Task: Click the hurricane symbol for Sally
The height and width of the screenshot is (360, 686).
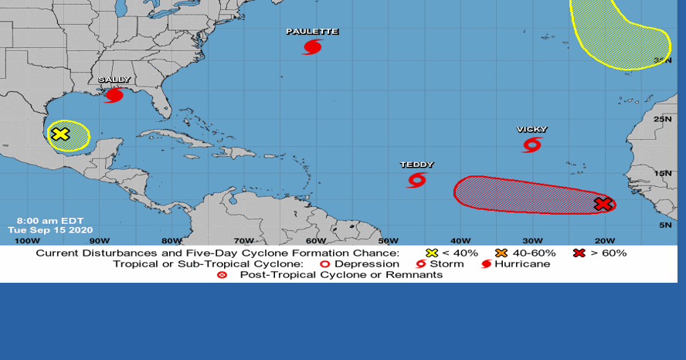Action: pyautogui.click(x=114, y=95)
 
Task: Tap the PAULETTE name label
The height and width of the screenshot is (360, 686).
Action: pyautogui.click(x=312, y=32)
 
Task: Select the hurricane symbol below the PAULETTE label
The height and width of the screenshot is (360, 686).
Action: pyautogui.click(x=312, y=47)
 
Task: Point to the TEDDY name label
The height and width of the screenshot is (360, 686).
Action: pyautogui.click(x=416, y=165)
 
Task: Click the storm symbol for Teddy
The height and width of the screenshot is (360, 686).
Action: pyautogui.click(x=416, y=181)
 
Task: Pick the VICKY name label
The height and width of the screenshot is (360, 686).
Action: pyautogui.click(x=531, y=129)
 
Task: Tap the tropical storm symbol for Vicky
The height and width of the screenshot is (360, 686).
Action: pyautogui.click(x=531, y=144)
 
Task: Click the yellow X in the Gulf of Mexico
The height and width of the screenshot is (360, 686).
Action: pyautogui.click(x=60, y=134)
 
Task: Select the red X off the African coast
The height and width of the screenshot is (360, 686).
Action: pyautogui.click(x=603, y=204)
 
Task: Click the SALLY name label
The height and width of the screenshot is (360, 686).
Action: pyautogui.click(x=114, y=80)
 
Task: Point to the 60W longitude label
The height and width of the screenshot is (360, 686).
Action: pyautogui.click(x=316, y=240)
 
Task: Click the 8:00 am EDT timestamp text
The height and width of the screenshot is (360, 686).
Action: pyautogui.click(x=50, y=220)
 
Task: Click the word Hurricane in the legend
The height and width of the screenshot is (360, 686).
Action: pyautogui.click(x=522, y=263)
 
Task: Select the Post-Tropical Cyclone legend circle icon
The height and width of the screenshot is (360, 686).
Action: pyautogui.click(x=222, y=275)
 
